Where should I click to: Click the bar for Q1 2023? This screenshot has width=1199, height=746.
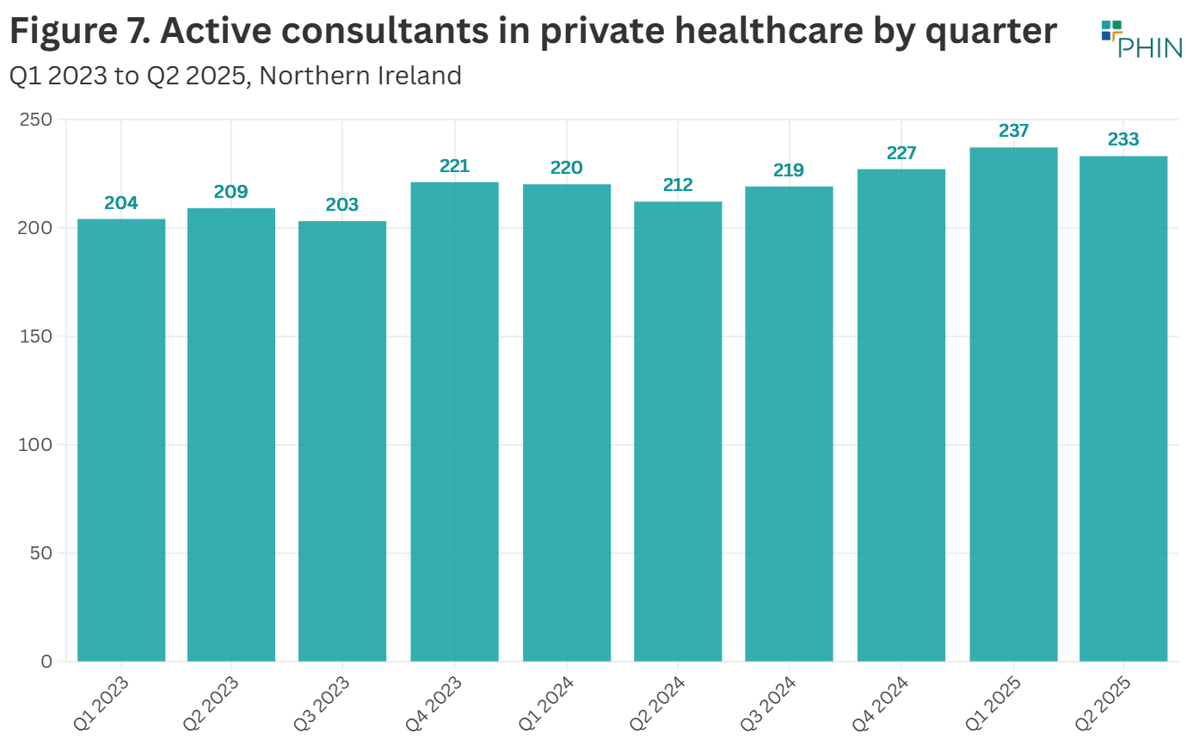121,440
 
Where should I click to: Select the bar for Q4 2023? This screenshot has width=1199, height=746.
454,422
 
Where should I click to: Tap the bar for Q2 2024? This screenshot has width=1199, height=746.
678,431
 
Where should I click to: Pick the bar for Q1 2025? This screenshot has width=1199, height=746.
1012,404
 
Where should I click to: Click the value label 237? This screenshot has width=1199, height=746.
1013,131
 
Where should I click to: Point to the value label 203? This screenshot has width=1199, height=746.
342,205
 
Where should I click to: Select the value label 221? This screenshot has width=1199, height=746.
454,166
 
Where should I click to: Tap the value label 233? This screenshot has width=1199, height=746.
1123,139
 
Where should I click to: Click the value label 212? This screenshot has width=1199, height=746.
678,185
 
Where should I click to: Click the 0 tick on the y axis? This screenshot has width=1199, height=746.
46,661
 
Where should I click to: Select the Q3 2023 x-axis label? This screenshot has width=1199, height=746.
322,702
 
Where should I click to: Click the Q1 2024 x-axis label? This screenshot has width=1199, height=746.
545,702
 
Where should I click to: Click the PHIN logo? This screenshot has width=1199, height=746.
1142,39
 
